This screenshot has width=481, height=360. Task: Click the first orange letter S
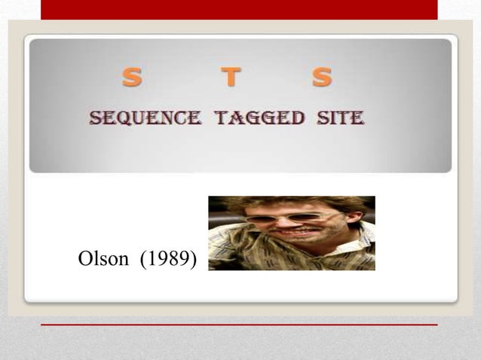tap(132, 77)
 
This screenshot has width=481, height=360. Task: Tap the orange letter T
tap(231, 77)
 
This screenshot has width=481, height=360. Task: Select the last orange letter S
tap(322, 77)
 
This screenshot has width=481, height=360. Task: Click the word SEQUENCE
tap(145, 118)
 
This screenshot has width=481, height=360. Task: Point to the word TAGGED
tap(259, 118)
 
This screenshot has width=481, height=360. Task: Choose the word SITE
tap(342, 118)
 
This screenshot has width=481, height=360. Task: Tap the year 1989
tap(170, 259)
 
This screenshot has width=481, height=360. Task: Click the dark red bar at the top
tap(239, 9)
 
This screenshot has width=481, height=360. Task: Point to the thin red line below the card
tap(239, 325)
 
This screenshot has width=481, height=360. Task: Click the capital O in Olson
tap(84, 259)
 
